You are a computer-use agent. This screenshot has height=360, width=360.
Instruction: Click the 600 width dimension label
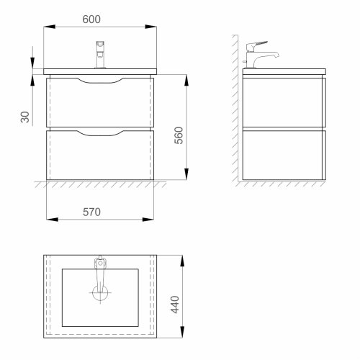click(x=91, y=19)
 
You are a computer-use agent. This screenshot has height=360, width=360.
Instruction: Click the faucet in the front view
click(x=101, y=55)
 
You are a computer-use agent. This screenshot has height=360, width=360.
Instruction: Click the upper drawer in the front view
click(x=100, y=104)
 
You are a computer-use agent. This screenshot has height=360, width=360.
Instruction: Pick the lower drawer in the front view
click(x=100, y=156)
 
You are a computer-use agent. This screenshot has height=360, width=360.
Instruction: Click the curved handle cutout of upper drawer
click(x=100, y=81)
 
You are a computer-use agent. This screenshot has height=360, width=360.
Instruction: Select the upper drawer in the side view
click(x=284, y=102)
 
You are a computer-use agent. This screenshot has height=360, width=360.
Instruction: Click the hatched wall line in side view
click(x=235, y=108)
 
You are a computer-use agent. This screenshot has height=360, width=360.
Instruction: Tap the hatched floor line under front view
click(x=100, y=184)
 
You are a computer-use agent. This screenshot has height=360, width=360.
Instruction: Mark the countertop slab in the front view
click(x=100, y=72)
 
